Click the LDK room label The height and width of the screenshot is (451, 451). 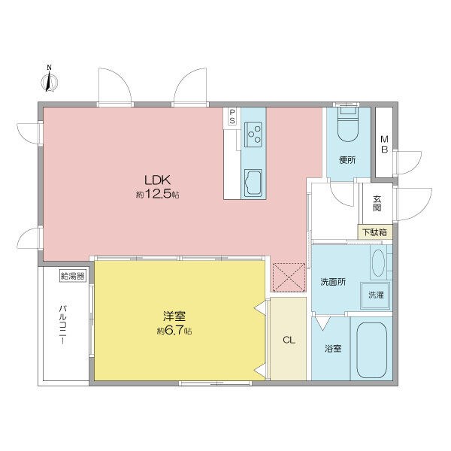click(x=157, y=180)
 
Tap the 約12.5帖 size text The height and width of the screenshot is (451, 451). click(x=157, y=195)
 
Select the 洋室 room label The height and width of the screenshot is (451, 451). click(x=174, y=316)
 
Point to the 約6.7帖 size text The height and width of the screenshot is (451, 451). click(x=174, y=331)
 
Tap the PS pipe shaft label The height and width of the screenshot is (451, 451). click(x=232, y=117)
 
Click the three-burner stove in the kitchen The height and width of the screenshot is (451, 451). click(x=253, y=135)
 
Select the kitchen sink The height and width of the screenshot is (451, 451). click(x=253, y=183)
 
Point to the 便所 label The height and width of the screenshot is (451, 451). click(x=347, y=160)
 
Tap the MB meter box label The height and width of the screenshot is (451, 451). click(x=384, y=144)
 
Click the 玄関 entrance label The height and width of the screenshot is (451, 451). click(x=377, y=204)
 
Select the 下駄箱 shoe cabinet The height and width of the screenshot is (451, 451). click(x=375, y=232)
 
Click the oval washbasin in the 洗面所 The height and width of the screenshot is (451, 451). click(x=378, y=262)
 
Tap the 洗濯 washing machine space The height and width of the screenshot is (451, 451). click(x=375, y=295)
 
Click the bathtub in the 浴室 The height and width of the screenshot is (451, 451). click(x=371, y=350)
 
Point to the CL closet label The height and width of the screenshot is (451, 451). click(x=289, y=341)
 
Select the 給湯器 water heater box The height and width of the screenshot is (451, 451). click(x=73, y=277)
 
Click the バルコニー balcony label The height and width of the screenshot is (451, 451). click(x=62, y=325)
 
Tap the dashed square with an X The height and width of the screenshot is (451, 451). click(x=289, y=277)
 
